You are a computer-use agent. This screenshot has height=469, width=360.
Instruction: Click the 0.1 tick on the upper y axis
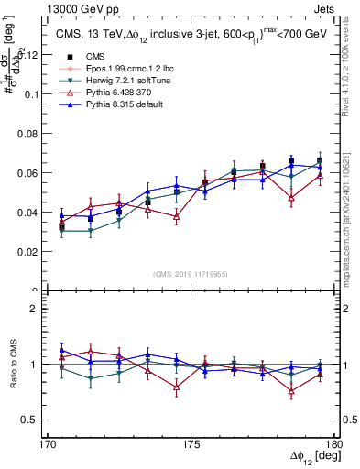point(40,94)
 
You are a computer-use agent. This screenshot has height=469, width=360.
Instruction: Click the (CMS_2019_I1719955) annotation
point(191,273)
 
